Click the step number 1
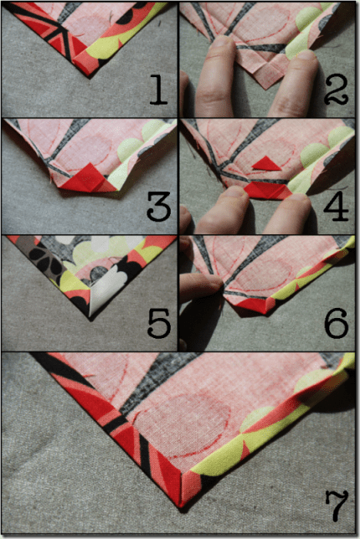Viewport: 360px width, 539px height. pyautogui.click(x=159, y=90)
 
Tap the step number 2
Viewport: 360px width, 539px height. pyautogui.click(x=336, y=90)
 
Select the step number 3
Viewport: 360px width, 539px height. pyautogui.click(x=159, y=206)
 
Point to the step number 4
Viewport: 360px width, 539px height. pyautogui.click(x=336, y=206)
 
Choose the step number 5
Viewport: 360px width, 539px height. pyautogui.click(x=159, y=323)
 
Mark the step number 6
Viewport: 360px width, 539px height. pyautogui.click(x=337, y=323)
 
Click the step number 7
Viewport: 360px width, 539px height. pyautogui.click(x=337, y=506)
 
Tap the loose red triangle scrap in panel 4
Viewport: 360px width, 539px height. pyautogui.click(x=267, y=164)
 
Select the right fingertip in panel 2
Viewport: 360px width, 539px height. pyautogui.click(x=302, y=62)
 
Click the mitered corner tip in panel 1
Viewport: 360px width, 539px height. pyautogui.click(x=90, y=77)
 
